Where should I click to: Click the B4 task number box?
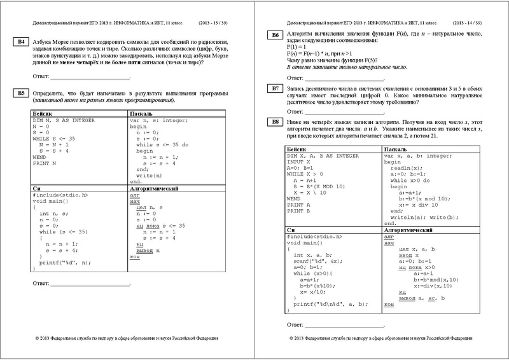(x=20, y=43)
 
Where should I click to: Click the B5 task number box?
(x=20, y=93)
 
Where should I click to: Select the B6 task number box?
(x=275, y=35)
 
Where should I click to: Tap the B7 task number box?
(x=275, y=88)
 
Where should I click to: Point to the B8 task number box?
(x=275, y=121)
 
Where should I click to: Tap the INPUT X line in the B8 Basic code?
(x=301, y=162)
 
